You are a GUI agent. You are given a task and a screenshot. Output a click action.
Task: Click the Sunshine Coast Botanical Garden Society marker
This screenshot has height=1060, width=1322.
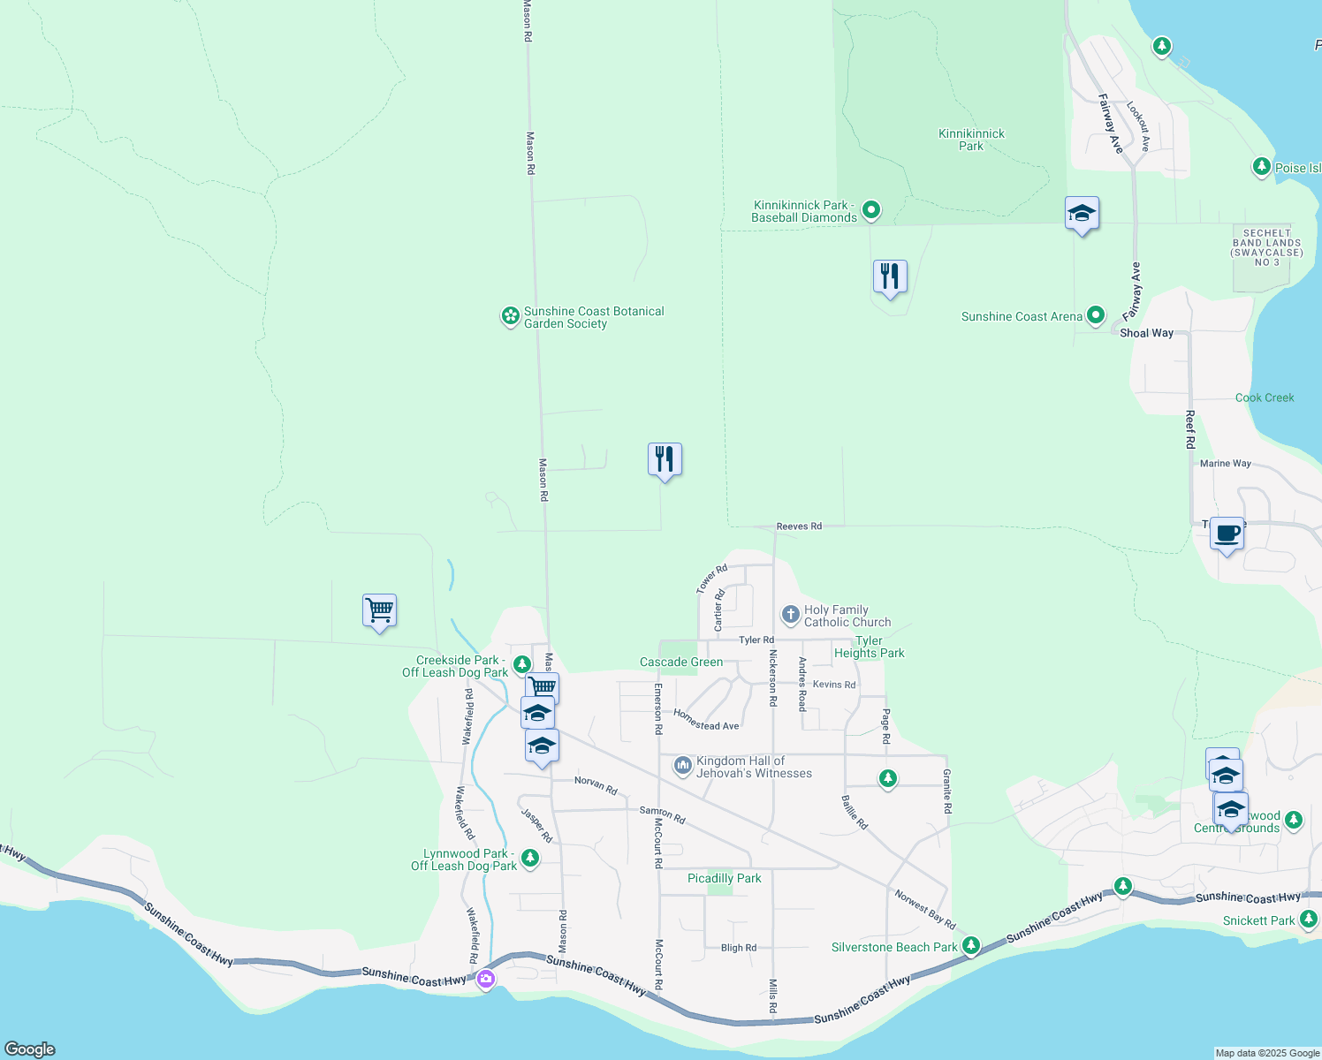(510, 315)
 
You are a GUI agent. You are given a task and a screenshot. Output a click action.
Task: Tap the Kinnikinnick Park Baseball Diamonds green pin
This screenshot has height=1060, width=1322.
(871, 210)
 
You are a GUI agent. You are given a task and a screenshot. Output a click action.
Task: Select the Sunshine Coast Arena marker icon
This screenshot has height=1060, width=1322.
(1096, 314)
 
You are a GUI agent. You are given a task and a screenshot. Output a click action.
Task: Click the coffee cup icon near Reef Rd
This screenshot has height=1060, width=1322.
(1227, 534)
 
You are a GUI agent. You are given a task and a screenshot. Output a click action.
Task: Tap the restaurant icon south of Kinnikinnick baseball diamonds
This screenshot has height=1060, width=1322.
(890, 276)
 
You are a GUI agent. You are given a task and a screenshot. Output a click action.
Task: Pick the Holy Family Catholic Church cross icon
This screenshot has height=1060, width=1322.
(790, 614)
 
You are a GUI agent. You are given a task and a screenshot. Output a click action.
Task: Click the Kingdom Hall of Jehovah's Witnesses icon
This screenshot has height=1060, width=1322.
(682, 766)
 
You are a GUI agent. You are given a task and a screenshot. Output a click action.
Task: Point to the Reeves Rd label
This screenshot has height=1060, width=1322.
(799, 526)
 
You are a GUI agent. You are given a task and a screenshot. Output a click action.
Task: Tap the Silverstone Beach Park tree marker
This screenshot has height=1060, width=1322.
(971, 946)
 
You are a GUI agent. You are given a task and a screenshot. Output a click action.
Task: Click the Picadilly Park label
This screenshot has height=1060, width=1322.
(724, 878)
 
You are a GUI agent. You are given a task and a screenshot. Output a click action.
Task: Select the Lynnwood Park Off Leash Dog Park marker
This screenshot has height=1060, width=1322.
(530, 858)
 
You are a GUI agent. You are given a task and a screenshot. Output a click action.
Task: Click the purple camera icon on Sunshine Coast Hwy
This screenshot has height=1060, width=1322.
(485, 979)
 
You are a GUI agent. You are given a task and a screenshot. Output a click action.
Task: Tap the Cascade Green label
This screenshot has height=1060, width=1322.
(680, 662)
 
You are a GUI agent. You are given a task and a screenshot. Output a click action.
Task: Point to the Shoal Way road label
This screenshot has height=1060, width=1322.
(1146, 333)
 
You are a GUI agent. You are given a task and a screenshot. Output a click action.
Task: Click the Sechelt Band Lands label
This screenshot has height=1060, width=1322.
(1266, 247)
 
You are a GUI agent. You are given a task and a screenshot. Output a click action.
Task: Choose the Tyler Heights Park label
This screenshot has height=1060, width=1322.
(870, 647)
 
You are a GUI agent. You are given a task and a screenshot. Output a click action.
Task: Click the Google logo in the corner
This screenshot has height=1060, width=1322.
(30, 1049)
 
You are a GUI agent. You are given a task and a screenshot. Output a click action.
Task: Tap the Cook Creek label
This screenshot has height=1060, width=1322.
(1264, 397)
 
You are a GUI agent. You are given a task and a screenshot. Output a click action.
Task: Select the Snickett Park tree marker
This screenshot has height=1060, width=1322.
(1309, 920)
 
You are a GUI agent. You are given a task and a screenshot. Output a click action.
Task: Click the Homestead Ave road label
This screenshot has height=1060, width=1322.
(706, 720)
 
